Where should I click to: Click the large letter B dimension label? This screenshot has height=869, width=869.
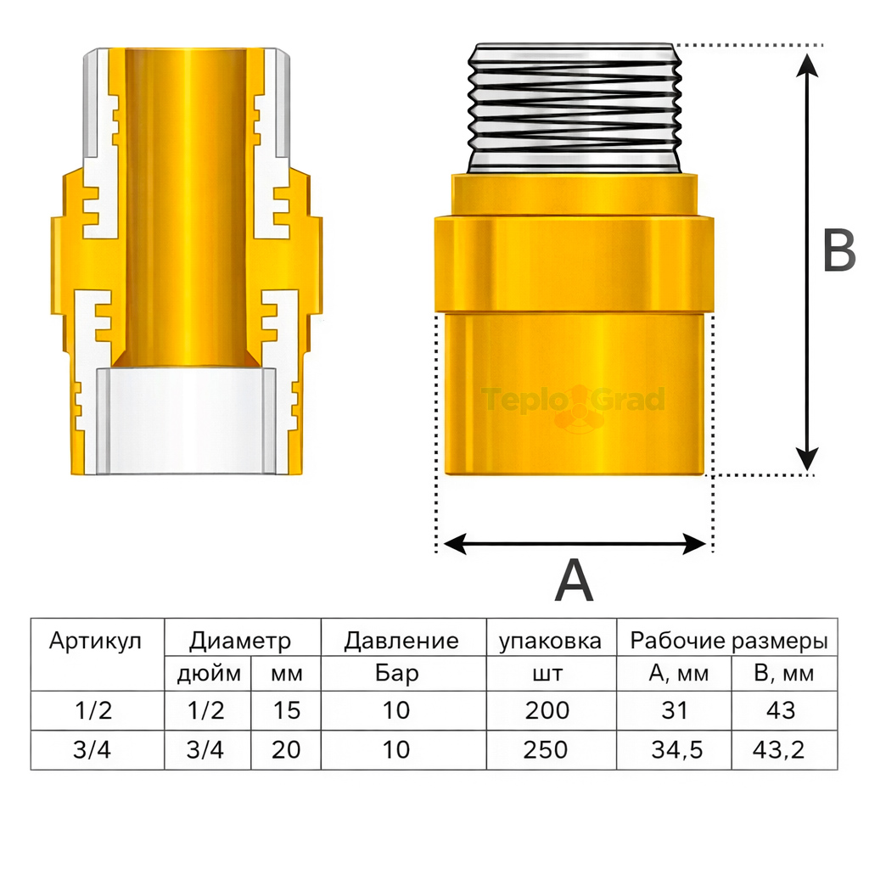click(838, 251)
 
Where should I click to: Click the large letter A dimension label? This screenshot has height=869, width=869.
click(574, 582)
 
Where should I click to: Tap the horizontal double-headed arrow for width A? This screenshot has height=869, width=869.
click(575, 544)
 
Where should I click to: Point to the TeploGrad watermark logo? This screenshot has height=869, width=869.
click(575, 401)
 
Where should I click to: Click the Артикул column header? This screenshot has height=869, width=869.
click(95, 641)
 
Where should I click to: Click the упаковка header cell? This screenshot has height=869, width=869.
click(550, 641)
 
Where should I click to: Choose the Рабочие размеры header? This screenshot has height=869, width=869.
click(728, 641)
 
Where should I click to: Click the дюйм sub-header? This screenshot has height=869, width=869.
click(209, 676)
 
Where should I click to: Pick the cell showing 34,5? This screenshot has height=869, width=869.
click(675, 750)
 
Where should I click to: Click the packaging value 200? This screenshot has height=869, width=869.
click(547, 709)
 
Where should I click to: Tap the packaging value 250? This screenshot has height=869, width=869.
click(547, 750)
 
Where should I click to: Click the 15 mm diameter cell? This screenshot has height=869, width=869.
click(287, 709)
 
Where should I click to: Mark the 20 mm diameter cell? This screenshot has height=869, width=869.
click(287, 750)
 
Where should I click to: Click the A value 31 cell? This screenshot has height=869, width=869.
click(675, 709)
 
